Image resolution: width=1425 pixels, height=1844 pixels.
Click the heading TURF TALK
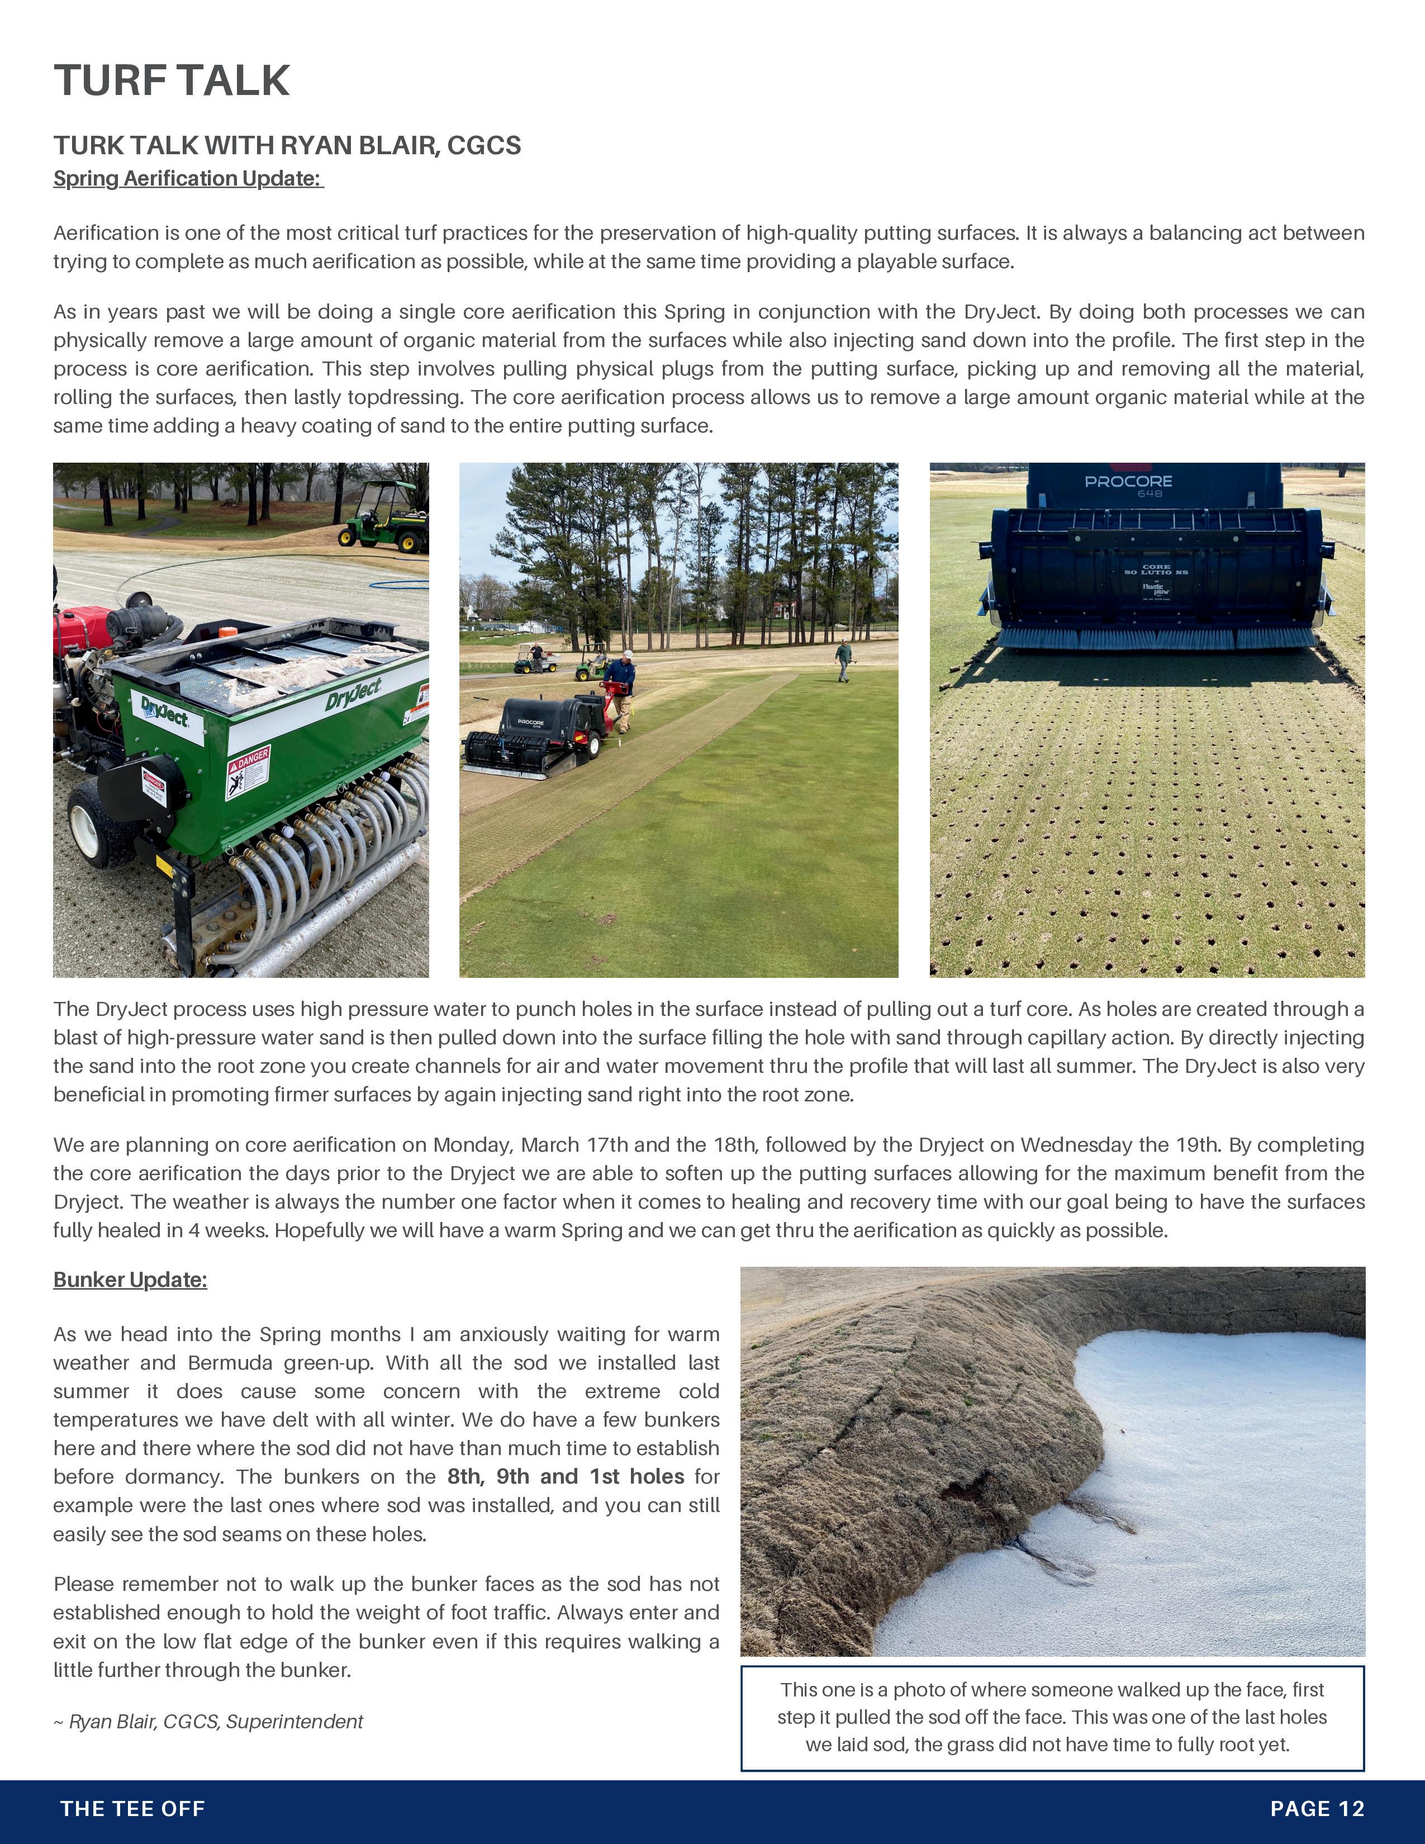click(172, 80)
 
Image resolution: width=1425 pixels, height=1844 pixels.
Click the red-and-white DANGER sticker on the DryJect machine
click(248, 772)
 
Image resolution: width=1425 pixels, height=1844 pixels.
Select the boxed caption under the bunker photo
click(1052, 1717)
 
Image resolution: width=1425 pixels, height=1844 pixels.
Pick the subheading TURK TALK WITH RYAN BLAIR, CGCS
click(287, 145)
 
